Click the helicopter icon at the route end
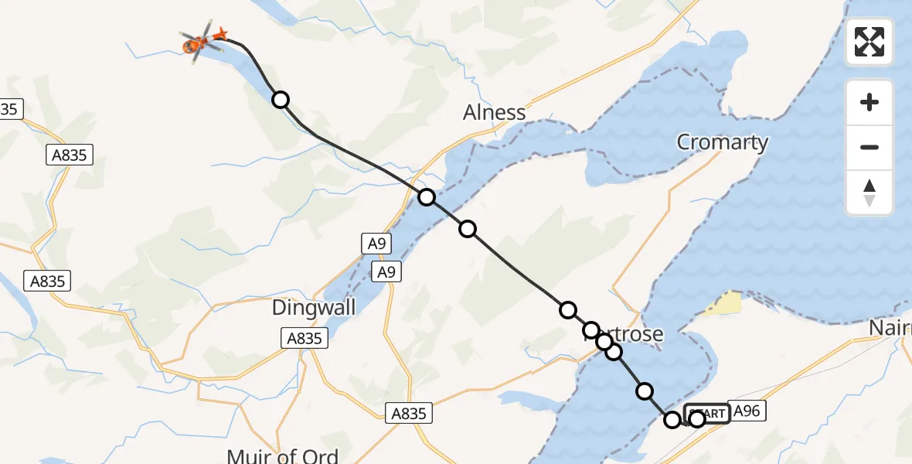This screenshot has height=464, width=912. [203, 41]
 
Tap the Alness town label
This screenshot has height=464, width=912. [494, 113]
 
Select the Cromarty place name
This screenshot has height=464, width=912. [722, 142]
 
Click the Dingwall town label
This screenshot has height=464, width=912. [314, 308]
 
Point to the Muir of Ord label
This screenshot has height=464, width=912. [283, 455]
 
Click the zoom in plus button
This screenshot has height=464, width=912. [869, 102]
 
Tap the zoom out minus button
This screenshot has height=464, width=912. [869, 147]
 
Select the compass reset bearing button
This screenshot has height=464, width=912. [869, 193]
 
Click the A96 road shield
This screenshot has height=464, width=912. [747, 412]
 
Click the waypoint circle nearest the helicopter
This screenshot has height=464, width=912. [281, 100]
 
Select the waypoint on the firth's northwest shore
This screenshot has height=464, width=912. [427, 197]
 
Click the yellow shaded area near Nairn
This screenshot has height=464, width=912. [723, 303]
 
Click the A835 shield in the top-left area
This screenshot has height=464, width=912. [69, 155]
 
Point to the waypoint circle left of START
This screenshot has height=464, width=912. [672, 420]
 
